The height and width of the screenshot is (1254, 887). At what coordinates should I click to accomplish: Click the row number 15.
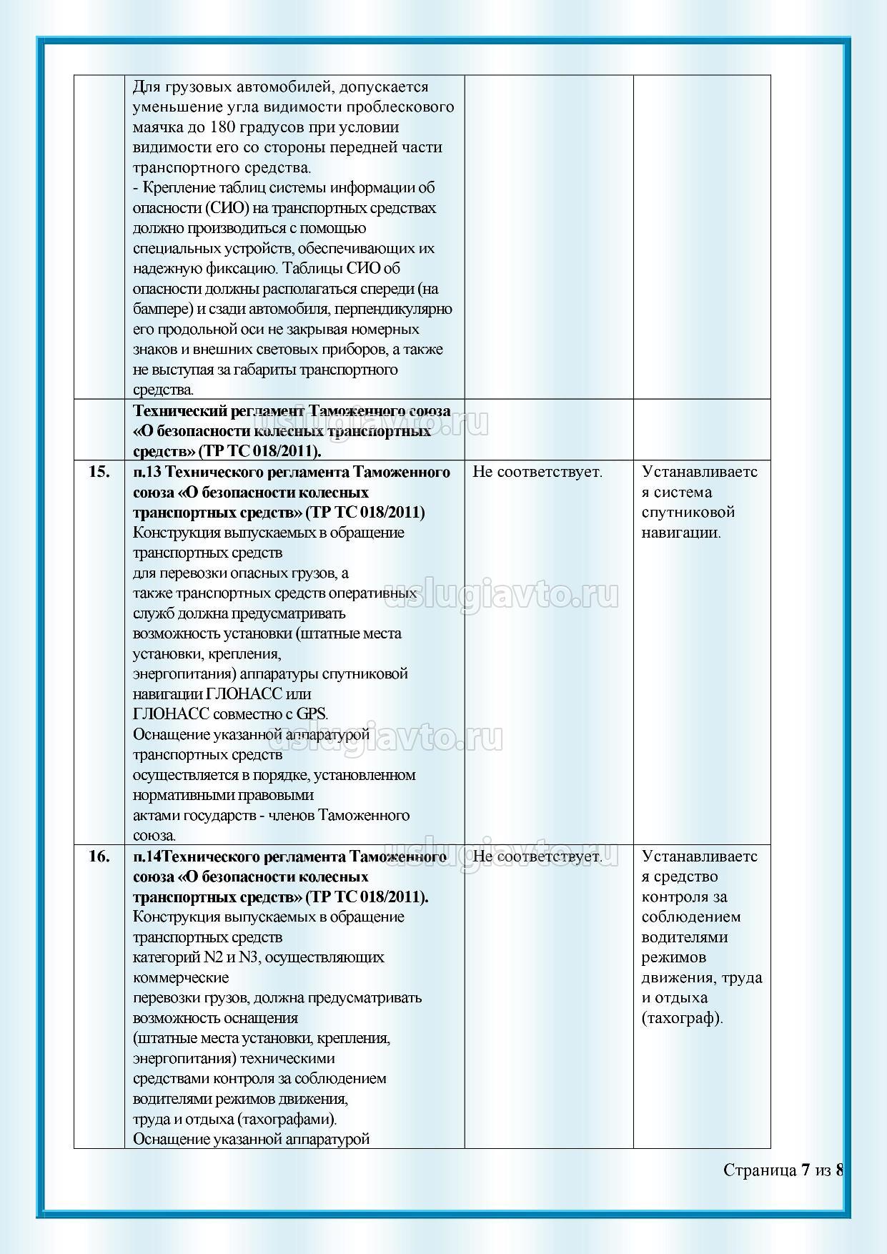pos(99,472)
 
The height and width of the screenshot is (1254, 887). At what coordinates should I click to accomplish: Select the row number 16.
pos(99,856)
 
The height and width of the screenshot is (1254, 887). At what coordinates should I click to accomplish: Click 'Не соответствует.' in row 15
pos(537,472)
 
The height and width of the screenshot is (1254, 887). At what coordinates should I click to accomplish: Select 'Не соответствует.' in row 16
pos(537,856)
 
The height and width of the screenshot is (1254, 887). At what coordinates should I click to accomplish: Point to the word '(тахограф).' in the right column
pos(682,1018)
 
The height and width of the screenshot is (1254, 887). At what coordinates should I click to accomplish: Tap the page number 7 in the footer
pos(806,1170)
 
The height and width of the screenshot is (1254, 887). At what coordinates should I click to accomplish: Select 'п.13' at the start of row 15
pos(148,472)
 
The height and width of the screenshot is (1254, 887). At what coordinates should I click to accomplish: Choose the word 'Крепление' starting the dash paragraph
pos(177,187)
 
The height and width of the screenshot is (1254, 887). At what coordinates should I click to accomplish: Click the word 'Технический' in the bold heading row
pos(179,411)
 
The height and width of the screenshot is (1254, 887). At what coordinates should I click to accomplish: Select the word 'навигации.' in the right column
pos(681,533)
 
